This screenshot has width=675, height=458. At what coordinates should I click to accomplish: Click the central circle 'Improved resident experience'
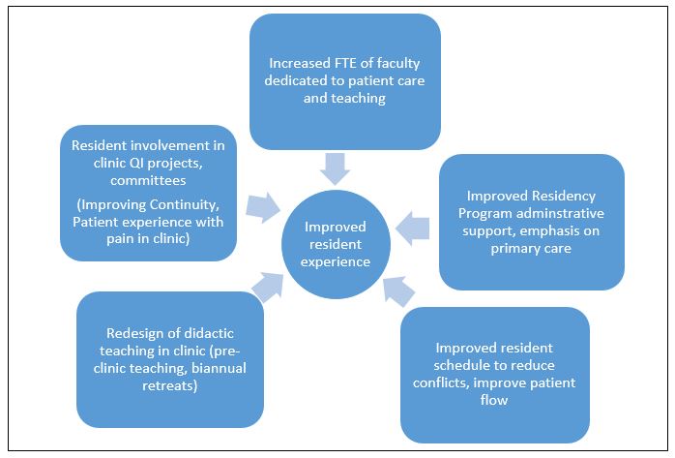click(x=336, y=244)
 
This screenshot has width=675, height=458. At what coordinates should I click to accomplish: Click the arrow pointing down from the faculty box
click(x=335, y=168)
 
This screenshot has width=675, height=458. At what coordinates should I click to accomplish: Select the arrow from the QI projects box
click(x=263, y=207)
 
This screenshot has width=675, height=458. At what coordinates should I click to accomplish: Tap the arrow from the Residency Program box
click(x=412, y=229)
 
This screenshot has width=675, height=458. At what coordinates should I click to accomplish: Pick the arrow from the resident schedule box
click(x=398, y=291)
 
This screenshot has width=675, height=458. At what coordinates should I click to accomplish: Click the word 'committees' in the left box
click(x=148, y=180)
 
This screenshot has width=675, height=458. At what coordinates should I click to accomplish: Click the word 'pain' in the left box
click(x=120, y=239)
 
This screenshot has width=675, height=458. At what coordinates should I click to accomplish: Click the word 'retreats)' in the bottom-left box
click(x=170, y=385)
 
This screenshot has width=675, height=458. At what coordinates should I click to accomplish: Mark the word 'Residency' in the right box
click(x=563, y=197)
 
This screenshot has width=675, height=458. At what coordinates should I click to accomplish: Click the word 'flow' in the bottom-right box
click(x=494, y=400)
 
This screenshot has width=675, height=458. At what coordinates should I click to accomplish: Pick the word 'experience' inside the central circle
click(x=336, y=262)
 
